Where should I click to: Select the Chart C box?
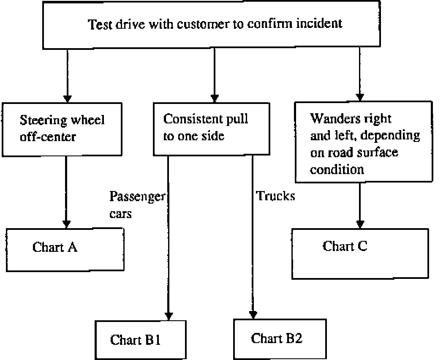359,253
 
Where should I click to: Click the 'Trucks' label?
275,196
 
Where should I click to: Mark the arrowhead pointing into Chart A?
66,224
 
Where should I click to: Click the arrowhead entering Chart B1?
169,316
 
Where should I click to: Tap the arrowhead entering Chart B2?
253,315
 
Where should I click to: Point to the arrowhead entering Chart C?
360,224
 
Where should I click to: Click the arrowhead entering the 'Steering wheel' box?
67,99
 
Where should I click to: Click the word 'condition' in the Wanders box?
337,169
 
